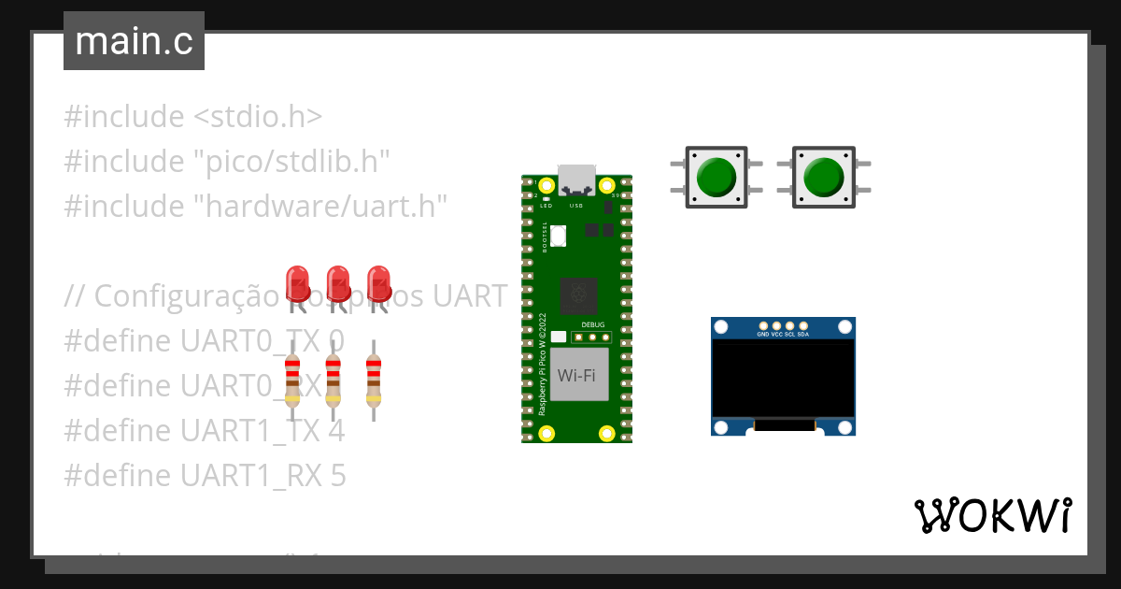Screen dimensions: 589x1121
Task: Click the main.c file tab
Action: (x=134, y=42)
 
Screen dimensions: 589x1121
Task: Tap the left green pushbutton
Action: (x=717, y=176)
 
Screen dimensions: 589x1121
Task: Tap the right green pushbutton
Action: (x=823, y=176)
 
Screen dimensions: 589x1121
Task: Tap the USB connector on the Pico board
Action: (x=576, y=180)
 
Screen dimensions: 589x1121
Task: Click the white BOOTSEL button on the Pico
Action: (x=559, y=236)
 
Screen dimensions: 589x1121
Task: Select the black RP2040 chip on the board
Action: (x=579, y=296)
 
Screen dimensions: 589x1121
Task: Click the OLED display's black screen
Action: (x=783, y=378)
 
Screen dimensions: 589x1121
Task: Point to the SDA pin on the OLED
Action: (x=803, y=326)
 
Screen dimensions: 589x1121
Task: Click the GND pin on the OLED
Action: (x=763, y=326)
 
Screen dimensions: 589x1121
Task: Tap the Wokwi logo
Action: (x=992, y=515)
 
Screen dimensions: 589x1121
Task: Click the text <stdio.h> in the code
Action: (x=258, y=117)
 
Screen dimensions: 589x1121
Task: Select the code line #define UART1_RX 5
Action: (x=205, y=476)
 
